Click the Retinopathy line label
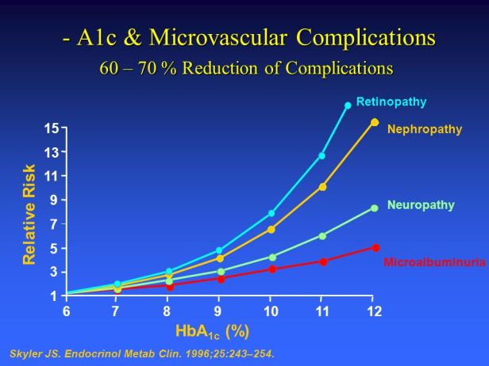391,102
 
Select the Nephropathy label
424,129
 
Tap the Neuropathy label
421,205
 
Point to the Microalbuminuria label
434,261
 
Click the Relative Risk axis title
29,214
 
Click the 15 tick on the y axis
52,128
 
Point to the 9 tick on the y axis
55,200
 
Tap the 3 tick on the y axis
55,272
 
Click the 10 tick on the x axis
271,311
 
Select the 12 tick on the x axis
374,311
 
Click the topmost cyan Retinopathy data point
348,105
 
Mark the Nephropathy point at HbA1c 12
375,122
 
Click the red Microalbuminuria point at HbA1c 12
375,248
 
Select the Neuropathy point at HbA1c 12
374,208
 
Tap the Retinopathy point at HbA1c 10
271,213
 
